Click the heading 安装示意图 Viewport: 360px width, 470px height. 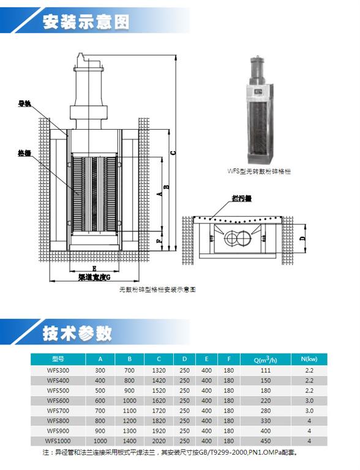(x=86, y=23)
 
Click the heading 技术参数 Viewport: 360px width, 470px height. (x=77, y=333)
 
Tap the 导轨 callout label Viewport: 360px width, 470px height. (x=24, y=104)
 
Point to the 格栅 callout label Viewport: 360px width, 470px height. (x=24, y=153)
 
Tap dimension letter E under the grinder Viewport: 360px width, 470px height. (x=94, y=268)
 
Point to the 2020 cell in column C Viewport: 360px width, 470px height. (x=159, y=441)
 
